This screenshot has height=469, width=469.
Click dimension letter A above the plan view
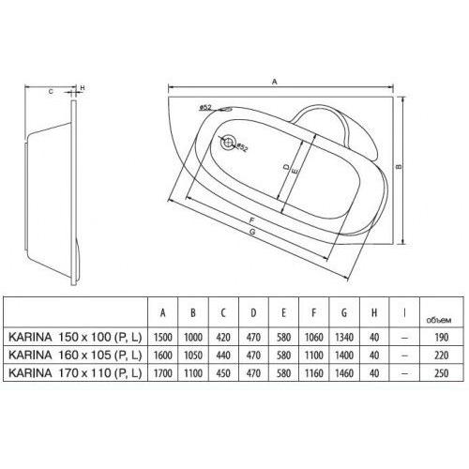275,83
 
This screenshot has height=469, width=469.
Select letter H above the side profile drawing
82,90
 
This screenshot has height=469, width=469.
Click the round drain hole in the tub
225,144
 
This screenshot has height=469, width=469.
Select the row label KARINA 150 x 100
75,335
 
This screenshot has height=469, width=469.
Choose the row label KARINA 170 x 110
75,372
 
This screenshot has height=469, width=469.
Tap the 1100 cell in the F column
315,354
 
